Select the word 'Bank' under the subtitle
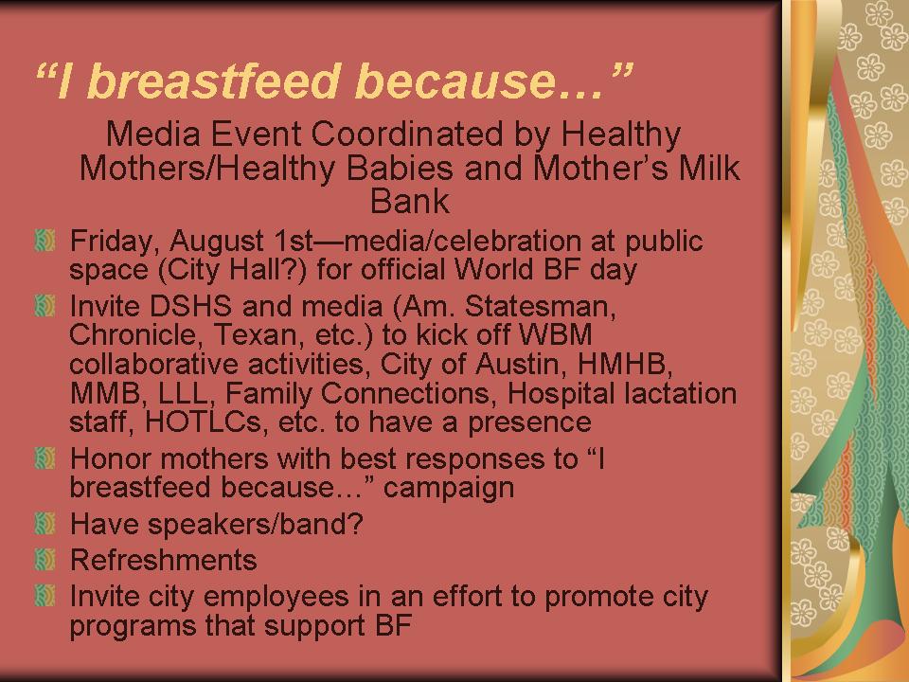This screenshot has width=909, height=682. tap(409, 201)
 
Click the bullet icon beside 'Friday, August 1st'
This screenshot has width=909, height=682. tap(45, 240)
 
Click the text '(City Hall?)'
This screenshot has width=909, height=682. tap(232, 270)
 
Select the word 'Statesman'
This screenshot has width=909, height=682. tap(540, 307)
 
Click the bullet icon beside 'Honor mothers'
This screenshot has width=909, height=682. tap(45, 458)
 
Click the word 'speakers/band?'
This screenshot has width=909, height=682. tap(255, 524)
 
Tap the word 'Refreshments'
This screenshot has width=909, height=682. tap(164, 560)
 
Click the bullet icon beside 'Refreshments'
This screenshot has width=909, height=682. tap(45, 560)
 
